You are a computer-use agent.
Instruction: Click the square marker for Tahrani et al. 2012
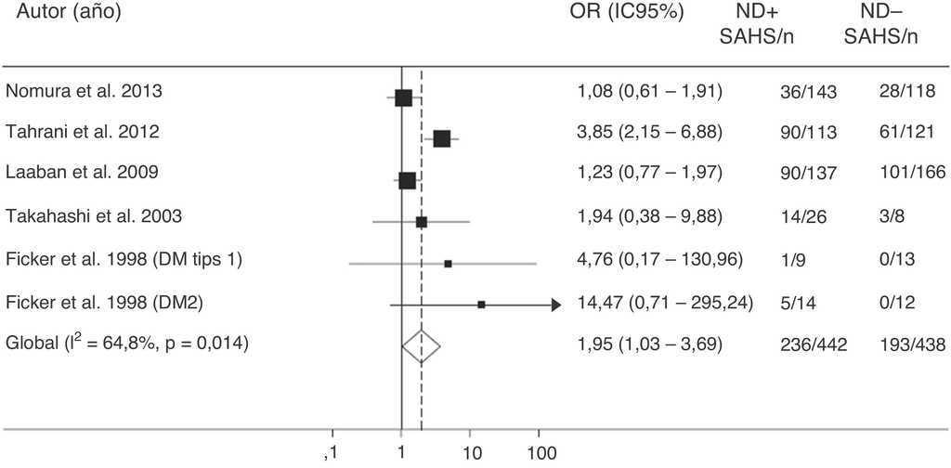(x=441, y=138)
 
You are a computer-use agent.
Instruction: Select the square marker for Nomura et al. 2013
(x=403, y=97)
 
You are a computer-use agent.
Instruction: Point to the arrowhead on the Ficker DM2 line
(x=555, y=305)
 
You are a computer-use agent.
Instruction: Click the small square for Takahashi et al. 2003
(x=422, y=222)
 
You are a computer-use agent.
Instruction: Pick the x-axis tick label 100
(x=540, y=453)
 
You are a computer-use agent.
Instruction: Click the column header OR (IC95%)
(x=627, y=13)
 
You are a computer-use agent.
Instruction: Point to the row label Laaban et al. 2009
(x=81, y=174)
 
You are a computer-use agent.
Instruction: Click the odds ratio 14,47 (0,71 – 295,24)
(x=664, y=302)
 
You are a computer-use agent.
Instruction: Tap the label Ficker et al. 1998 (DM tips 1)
(x=124, y=259)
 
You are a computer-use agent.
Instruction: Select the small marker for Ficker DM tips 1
(x=449, y=264)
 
